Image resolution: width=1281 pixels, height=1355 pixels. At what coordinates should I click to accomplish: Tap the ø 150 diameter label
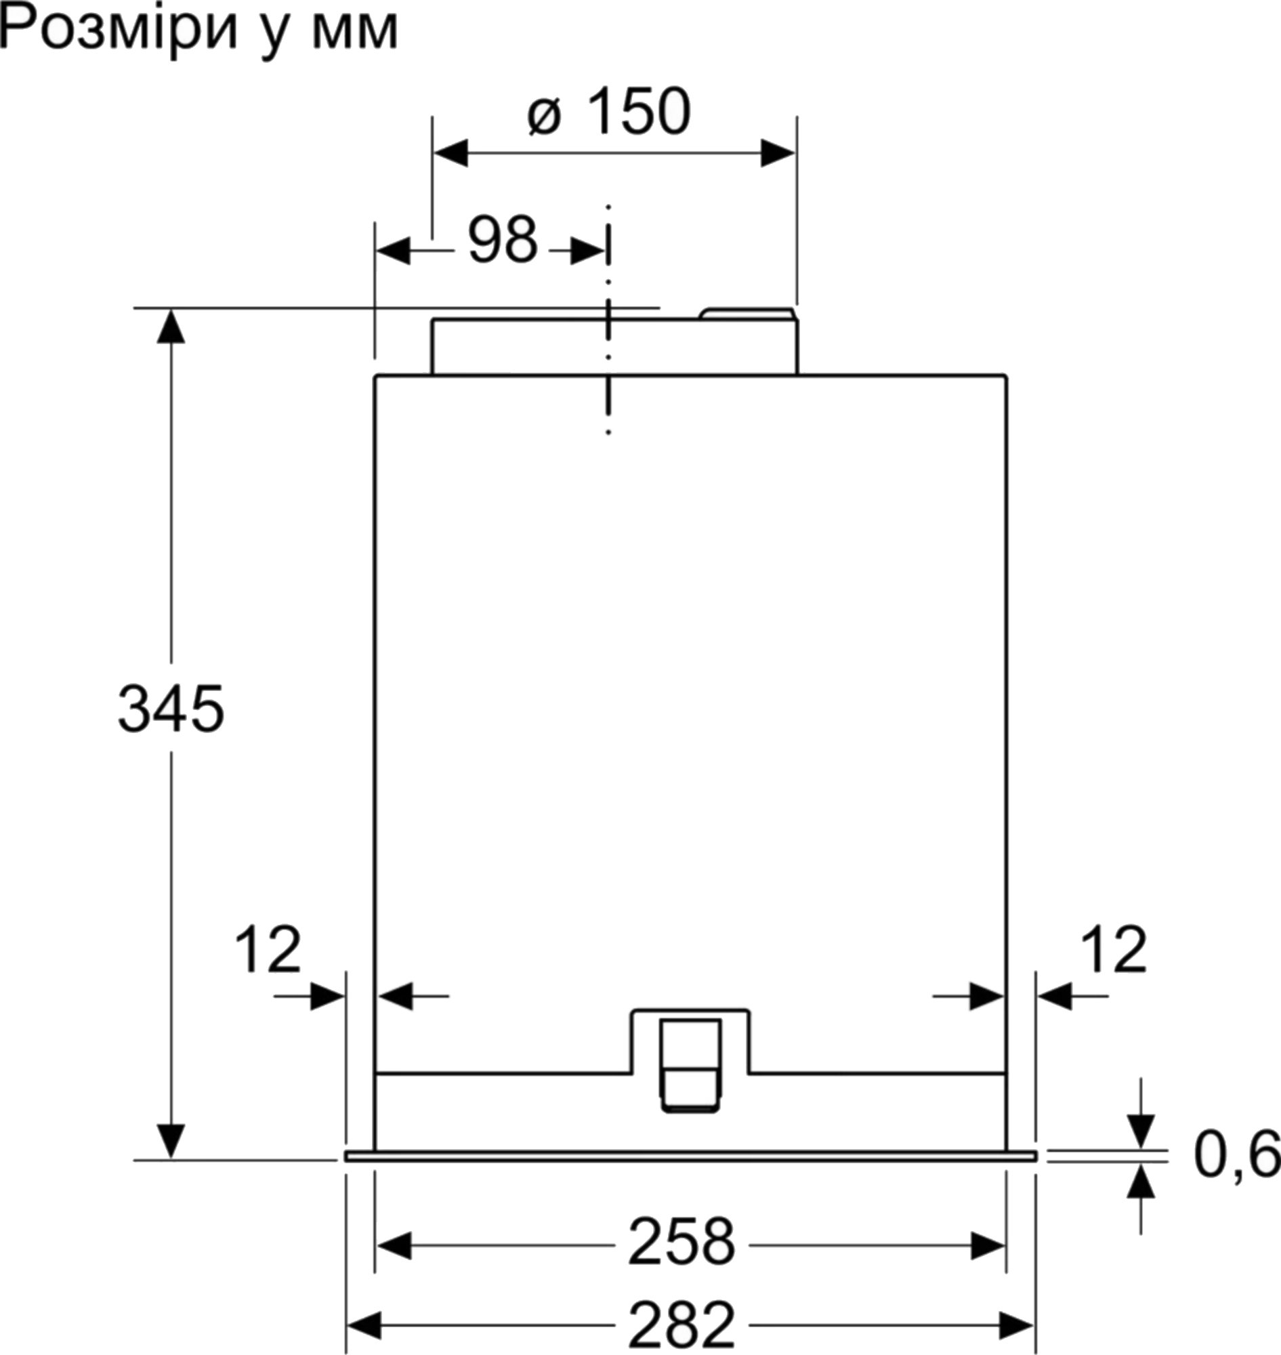(609, 110)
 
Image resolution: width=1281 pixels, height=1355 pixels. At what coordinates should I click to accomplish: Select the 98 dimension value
(503, 241)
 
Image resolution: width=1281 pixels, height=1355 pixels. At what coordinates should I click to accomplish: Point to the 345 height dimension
(171, 709)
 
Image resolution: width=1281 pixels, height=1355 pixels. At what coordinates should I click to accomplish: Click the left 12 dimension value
(268, 949)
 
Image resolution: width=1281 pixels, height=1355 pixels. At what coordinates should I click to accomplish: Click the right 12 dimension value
(1114, 949)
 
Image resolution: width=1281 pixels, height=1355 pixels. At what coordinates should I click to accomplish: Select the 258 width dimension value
(681, 1241)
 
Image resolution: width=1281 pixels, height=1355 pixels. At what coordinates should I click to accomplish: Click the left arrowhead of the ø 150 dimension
(450, 153)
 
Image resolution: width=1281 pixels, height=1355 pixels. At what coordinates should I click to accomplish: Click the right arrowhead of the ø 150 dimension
(778, 153)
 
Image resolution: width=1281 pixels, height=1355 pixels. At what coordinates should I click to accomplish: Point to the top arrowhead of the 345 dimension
(171, 326)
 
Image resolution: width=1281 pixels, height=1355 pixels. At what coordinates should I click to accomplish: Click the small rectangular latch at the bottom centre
(690, 1066)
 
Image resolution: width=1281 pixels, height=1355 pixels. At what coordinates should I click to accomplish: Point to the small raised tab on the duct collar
(748, 314)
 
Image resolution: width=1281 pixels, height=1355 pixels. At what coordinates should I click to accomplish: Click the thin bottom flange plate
(690, 1156)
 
